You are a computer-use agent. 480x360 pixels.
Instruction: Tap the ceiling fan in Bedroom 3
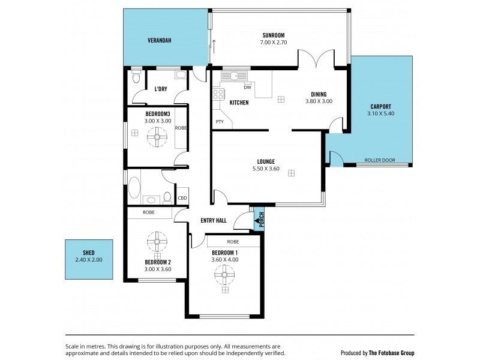click(x=157, y=138)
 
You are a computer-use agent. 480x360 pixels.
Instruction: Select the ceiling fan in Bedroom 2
click(x=158, y=244)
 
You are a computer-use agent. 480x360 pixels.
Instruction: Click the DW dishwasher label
click(x=247, y=88)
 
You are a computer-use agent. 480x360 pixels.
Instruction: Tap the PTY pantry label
click(x=220, y=122)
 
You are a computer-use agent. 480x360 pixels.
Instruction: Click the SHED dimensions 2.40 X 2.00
click(x=89, y=260)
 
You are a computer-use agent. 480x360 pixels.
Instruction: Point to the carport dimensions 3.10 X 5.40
click(x=381, y=113)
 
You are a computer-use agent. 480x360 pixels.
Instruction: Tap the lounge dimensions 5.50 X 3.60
click(x=266, y=169)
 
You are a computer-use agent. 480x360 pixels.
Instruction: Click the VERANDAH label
click(x=160, y=40)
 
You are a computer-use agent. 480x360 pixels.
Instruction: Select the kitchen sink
click(x=230, y=76)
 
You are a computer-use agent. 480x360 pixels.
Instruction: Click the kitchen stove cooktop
click(x=218, y=94)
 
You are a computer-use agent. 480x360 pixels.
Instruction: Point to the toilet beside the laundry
click(x=136, y=78)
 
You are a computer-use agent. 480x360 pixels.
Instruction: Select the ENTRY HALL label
click(x=213, y=221)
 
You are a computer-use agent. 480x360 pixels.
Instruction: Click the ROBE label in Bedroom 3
click(x=181, y=128)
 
